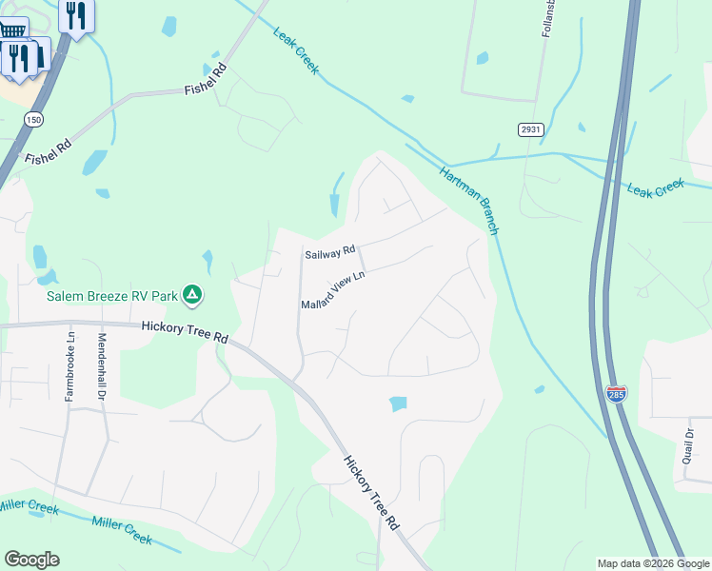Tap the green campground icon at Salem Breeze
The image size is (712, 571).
tap(192, 295)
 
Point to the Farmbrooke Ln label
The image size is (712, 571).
tap(69, 365)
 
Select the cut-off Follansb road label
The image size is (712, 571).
tap(547, 19)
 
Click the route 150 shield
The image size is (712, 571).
tap(34, 120)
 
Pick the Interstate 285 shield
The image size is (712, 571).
tap(617, 393)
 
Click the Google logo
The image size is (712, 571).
tap(31, 560)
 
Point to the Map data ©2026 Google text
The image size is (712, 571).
tap(653, 563)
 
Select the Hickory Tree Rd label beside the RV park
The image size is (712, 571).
tap(185, 331)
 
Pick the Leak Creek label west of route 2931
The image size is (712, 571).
tap(297, 51)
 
